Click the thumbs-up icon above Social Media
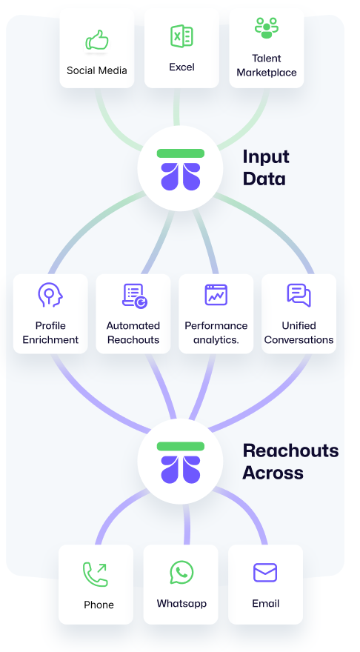(97, 40)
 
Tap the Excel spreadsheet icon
(181, 36)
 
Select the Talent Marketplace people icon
(267, 28)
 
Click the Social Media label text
(97, 70)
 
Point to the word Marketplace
(267, 73)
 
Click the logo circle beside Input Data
(181, 168)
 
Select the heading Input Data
(266, 167)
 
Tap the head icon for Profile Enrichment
(50, 295)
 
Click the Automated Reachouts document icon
(135, 296)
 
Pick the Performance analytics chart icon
(216, 295)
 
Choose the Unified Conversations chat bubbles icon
(299, 295)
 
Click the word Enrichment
(50, 340)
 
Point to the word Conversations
(299, 340)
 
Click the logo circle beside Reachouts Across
(181, 462)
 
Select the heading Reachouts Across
(290, 462)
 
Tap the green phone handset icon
(95, 574)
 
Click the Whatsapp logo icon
(181, 573)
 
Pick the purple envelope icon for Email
(265, 573)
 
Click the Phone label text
(99, 604)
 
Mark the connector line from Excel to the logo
(177, 107)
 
